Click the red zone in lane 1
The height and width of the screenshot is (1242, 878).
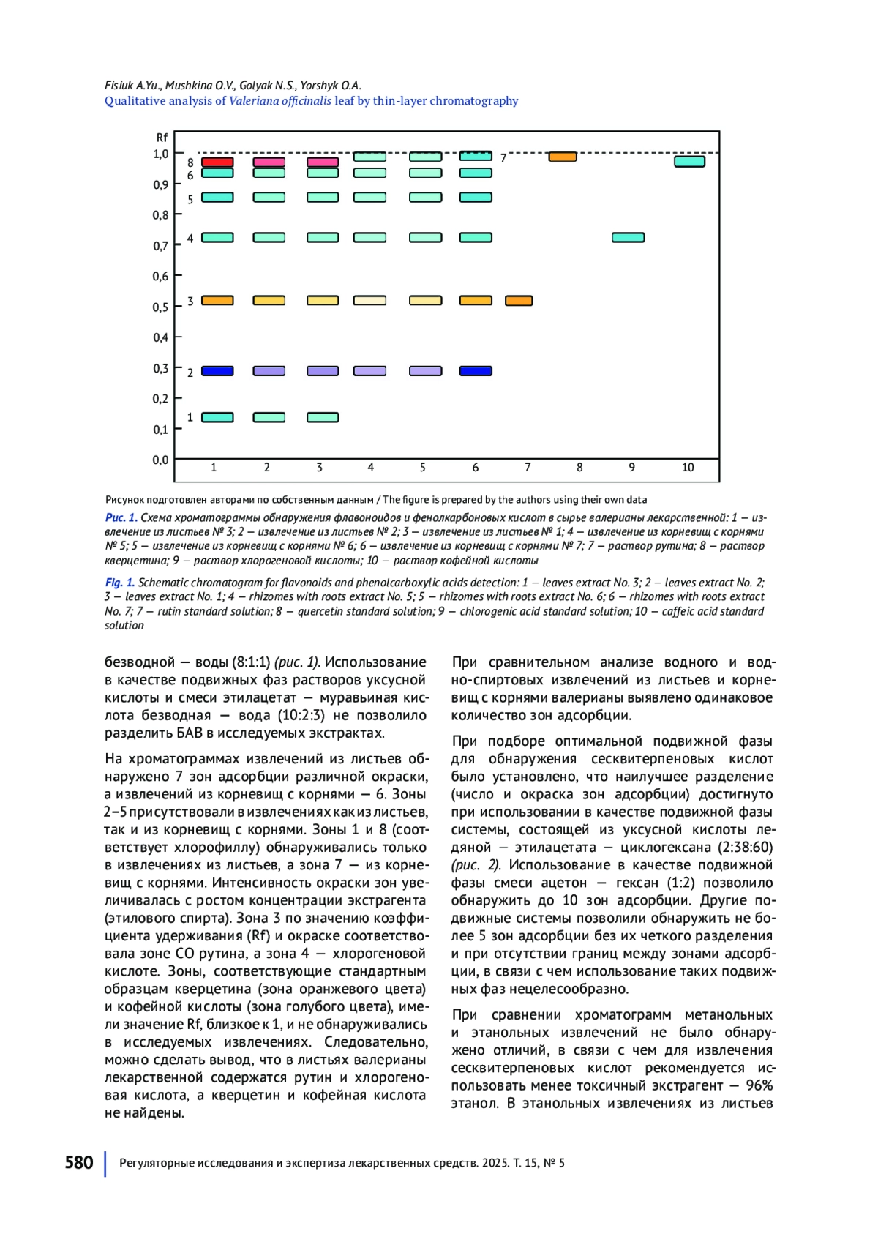point(217,162)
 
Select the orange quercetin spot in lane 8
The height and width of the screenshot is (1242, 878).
point(562,157)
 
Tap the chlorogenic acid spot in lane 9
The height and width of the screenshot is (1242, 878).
point(628,237)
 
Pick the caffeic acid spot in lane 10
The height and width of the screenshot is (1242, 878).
point(689,162)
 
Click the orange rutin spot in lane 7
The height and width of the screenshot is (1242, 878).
point(519,301)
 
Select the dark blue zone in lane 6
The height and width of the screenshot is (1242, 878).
point(476,371)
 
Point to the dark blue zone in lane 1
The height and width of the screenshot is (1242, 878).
point(217,371)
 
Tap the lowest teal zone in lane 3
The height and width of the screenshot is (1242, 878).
point(323,417)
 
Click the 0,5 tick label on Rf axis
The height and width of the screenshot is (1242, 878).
point(160,307)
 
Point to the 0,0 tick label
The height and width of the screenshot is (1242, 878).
point(160,460)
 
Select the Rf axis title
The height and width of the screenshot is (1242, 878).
point(162,138)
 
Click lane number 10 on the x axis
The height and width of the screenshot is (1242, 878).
point(688,468)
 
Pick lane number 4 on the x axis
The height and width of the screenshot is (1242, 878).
point(370,468)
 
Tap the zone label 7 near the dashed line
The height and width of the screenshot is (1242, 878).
point(503,158)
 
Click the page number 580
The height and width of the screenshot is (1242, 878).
point(79,1163)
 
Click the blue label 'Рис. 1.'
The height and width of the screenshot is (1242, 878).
point(121,517)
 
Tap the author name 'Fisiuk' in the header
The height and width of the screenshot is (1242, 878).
point(119,86)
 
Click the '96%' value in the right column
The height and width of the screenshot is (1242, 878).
point(759,1085)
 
